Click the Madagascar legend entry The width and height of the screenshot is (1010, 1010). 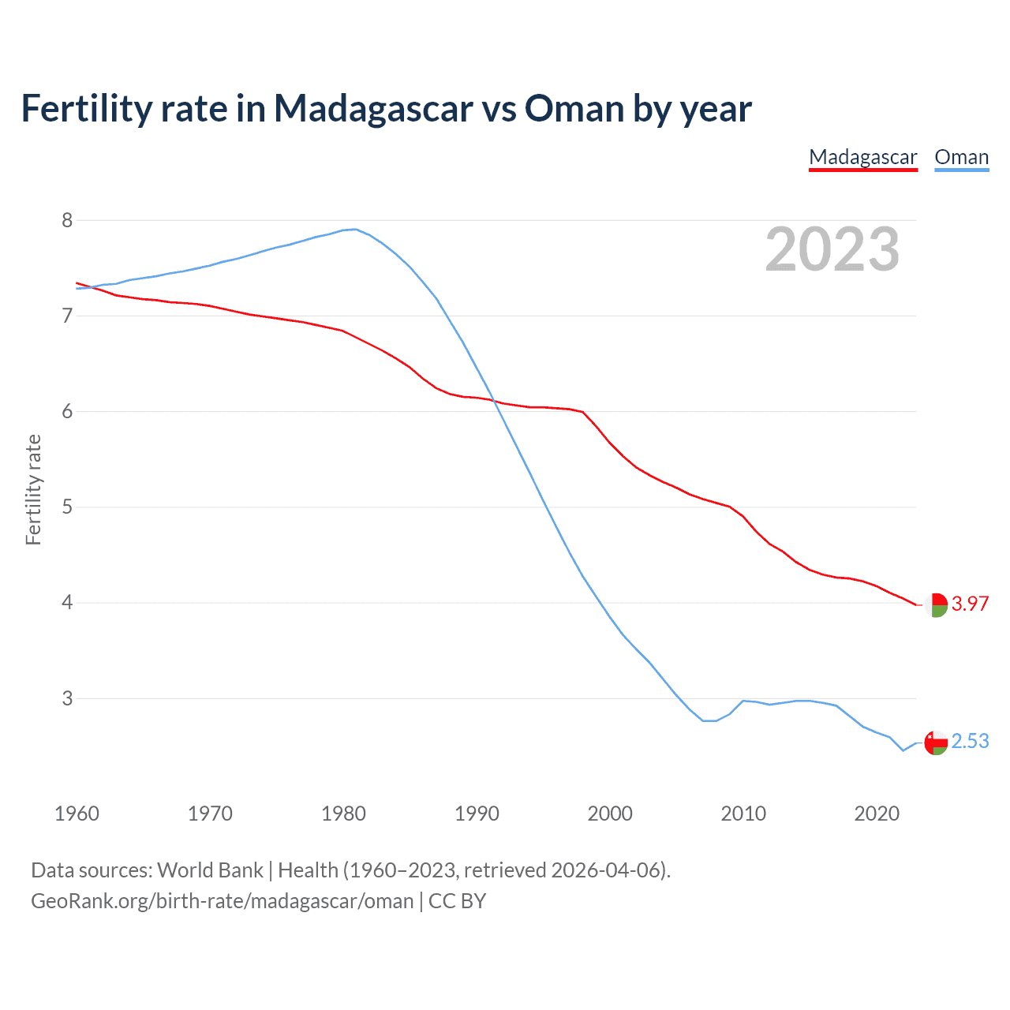coord(863,157)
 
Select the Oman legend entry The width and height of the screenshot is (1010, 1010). coord(961,157)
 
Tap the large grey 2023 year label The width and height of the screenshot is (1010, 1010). coord(832,249)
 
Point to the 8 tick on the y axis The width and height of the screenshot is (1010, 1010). coord(67,220)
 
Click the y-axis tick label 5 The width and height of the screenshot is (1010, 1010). coord(67,507)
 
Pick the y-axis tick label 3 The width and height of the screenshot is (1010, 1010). coord(67,698)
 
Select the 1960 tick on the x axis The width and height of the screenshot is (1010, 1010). coord(77,814)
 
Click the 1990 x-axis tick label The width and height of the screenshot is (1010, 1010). coord(477,814)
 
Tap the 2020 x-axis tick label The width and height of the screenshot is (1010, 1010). coord(877,814)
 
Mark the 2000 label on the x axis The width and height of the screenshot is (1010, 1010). coord(610,814)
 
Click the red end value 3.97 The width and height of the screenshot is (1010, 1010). coord(970,604)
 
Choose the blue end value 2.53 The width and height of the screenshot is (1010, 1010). coord(970,741)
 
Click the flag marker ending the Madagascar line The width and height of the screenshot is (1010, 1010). coord(936,605)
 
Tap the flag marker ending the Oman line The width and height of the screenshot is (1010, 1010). coord(936,743)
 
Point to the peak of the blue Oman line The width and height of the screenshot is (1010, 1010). coord(355,229)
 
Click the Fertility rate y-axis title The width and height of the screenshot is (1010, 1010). coord(33,489)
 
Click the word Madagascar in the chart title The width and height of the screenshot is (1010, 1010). coord(373,108)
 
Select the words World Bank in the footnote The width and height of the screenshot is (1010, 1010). coord(210,870)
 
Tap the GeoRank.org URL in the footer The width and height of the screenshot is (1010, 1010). coord(222,901)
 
